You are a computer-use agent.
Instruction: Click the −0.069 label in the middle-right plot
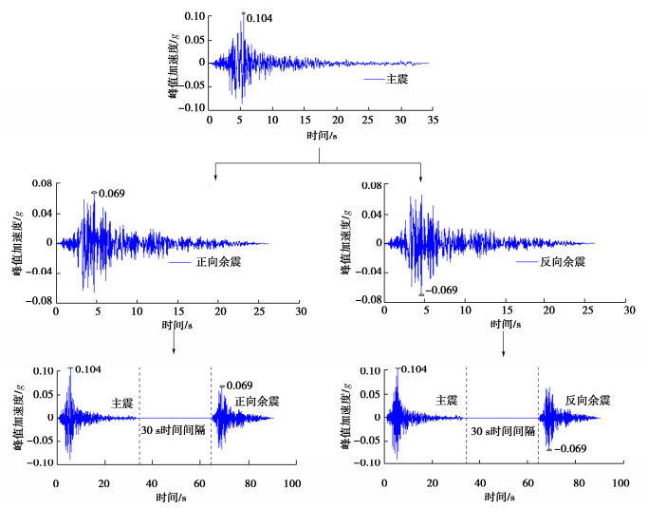pos(442,291)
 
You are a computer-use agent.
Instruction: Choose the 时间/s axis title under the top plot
pos(324,137)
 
